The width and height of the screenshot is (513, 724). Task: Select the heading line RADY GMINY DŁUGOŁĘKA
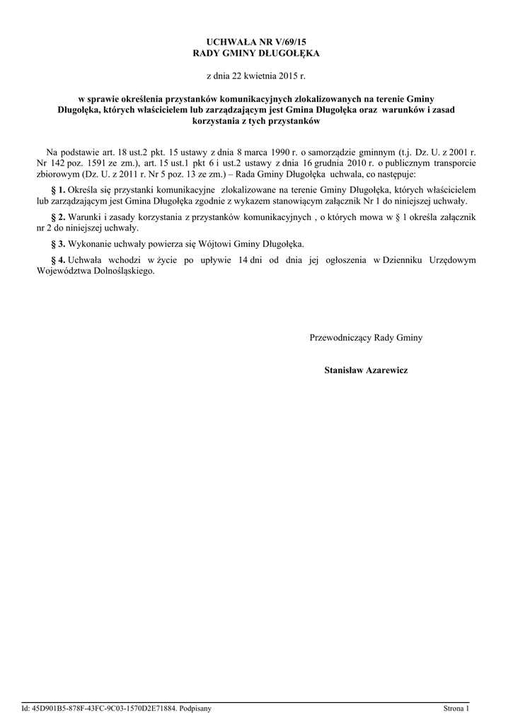(256, 53)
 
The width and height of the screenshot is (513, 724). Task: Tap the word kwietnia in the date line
(258, 75)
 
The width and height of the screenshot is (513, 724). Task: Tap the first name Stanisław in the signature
(344, 370)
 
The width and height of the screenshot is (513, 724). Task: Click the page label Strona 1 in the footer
(456, 708)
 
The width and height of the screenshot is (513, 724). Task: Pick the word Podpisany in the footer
(196, 708)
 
